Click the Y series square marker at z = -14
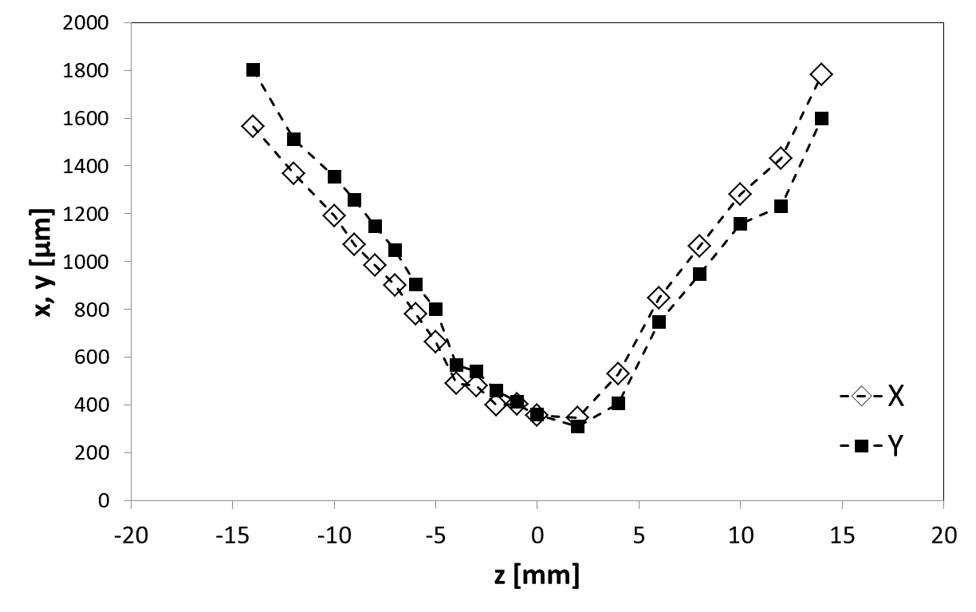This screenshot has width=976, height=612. point(253,70)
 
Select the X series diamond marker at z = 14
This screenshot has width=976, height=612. point(821,74)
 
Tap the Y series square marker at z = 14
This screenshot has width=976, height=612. point(821,118)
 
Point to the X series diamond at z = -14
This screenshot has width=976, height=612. point(253,126)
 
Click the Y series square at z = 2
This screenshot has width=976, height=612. point(577,427)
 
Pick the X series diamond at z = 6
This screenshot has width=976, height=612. point(659,298)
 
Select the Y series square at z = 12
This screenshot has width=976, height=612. point(781,206)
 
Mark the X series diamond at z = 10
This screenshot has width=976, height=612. point(740,194)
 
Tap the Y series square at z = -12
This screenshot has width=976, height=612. point(293,139)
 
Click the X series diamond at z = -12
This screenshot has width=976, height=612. point(293,173)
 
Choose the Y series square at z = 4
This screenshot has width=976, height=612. point(618,403)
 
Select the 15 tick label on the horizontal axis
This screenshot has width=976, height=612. point(843,535)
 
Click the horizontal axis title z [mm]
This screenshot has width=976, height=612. point(536,574)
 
